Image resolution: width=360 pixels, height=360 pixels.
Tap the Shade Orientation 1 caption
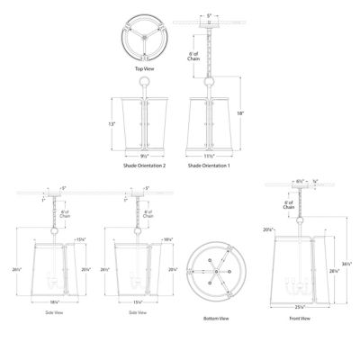click(208, 166)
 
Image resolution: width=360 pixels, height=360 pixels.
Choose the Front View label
click(301, 319)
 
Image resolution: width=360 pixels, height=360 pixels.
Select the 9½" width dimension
click(143, 155)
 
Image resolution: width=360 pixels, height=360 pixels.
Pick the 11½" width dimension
click(208, 155)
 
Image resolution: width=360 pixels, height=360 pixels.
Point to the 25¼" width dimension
click(301, 307)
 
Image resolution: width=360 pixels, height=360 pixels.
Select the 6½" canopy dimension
click(299, 182)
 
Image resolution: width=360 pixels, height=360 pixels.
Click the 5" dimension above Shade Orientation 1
click(208, 15)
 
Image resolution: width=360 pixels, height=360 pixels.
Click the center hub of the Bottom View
click(213, 270)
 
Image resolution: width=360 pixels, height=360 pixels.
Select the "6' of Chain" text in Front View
click(289, 206)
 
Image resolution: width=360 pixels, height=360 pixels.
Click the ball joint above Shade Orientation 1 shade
click(208, 81)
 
